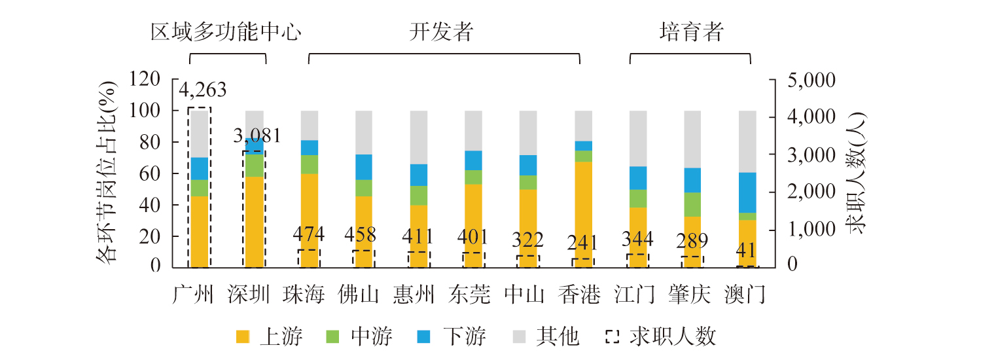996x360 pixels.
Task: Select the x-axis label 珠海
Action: click(304, 295)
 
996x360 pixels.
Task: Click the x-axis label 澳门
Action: click(744, 295)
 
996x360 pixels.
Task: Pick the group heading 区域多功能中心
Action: click(227, 32)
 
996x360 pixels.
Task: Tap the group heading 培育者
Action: click(691, 32)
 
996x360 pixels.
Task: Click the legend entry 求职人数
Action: click(661, 337)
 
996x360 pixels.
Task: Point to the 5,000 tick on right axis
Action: click(800, 81)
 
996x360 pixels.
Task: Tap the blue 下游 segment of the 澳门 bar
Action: click(748, 192)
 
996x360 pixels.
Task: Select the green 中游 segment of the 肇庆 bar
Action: click(693, 204)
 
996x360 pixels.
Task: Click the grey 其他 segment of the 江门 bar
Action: click(638, 138)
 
